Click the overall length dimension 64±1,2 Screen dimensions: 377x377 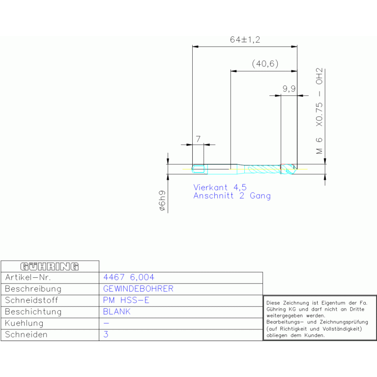click(245, 40)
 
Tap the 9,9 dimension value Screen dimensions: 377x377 click(289, 89)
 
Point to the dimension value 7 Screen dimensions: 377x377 click(198, 139)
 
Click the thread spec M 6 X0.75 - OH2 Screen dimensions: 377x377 click(319, 111)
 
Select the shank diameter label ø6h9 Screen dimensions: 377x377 click(162, 201)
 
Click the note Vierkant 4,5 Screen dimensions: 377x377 click(220, 187)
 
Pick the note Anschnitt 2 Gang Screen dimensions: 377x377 click(232, 196)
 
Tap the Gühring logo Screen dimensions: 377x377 click(50, 266)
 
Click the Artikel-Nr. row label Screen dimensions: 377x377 click(28, 277)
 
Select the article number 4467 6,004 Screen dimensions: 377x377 click(129, 277)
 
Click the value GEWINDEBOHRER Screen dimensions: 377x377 click(138, 289)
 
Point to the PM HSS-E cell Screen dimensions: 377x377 click(126, 300)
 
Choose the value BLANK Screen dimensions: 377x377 click(116, 312)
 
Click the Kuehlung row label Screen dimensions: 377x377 click(24, 323)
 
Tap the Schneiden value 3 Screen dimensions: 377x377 click(106, 334)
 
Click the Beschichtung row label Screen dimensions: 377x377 click(33, 312)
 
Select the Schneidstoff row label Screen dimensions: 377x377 click(31, 300)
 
